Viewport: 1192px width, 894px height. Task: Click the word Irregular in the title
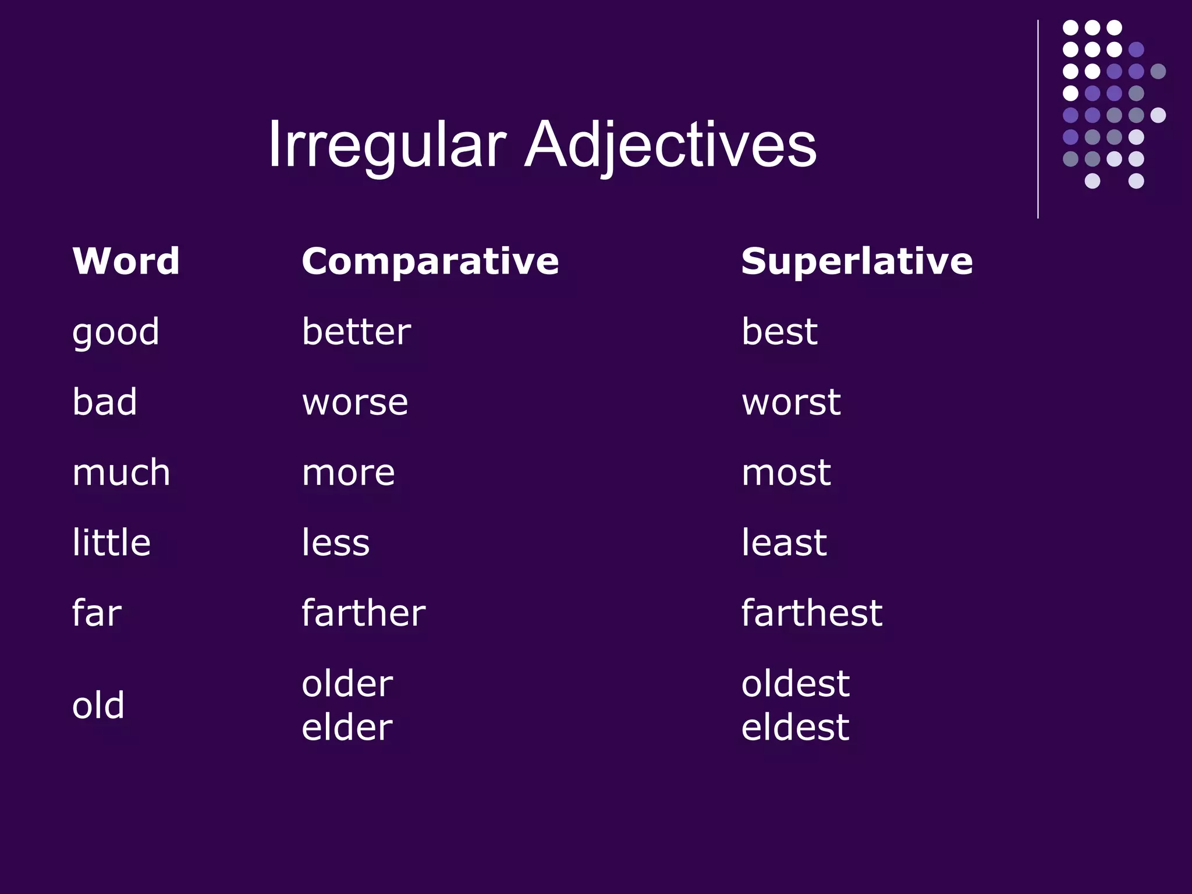pos(386,144)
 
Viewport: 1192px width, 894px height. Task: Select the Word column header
pos(126,261)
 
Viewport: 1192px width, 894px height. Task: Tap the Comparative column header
pos(430,261)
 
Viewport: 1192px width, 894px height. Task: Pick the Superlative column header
pos(857,261)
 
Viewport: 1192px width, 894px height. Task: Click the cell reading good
pos(115,333)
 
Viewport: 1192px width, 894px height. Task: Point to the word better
pos(356,332)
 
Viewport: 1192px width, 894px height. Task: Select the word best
pos(779,332)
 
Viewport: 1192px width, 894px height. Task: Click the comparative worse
pos(355,403)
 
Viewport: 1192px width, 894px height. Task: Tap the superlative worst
pos(791,403)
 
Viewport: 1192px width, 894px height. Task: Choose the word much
pos(121,472)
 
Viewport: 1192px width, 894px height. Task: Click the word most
pos(786,473)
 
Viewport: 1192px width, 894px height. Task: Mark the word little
pos(111,542)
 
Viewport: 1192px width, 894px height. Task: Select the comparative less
pos(335,542)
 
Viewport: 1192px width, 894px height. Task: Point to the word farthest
pos(811,613)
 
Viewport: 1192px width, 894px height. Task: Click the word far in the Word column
pos(97,613)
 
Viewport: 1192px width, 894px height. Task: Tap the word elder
pos(347,728)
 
